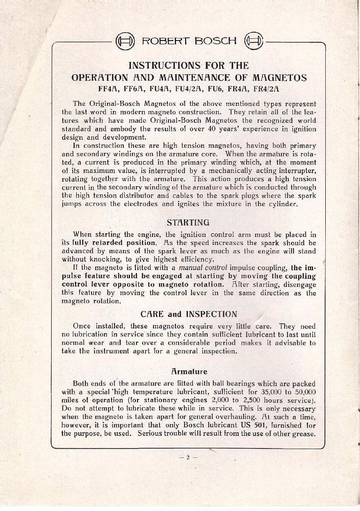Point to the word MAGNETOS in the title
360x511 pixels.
point(280,78)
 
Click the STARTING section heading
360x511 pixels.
point(188,223)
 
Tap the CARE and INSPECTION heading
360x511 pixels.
point(188,314)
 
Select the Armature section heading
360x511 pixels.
point(189,371)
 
